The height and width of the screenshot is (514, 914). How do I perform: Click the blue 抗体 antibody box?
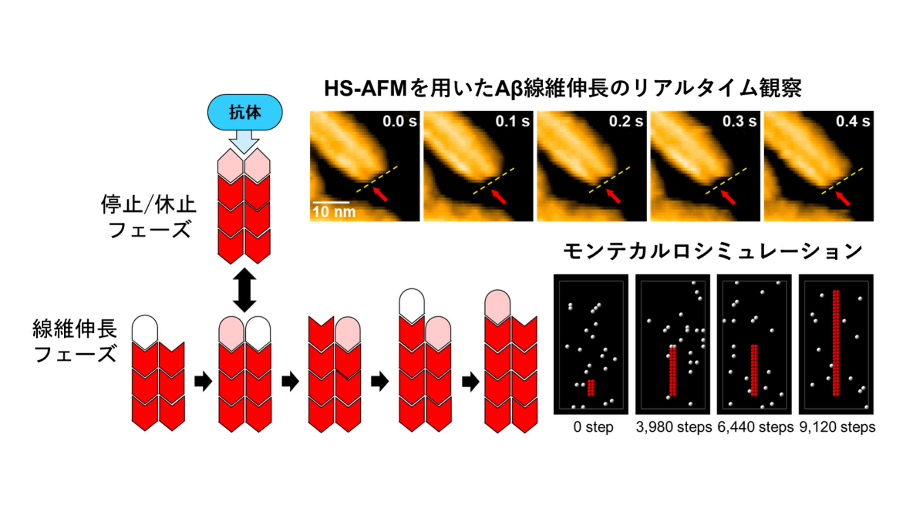point(245,112)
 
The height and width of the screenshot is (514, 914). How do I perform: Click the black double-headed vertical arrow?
point(244,290)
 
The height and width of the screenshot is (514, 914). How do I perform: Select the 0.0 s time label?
point(399,121)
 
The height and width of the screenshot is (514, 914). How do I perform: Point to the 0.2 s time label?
point(626,121)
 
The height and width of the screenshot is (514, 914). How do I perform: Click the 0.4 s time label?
point(853,121)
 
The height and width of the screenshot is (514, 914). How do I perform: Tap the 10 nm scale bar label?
point(334,212)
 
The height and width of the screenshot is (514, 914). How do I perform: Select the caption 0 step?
point(593,427)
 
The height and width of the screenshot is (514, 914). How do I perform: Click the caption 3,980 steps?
point(674,427)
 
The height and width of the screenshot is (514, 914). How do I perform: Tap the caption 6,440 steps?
point(755,427)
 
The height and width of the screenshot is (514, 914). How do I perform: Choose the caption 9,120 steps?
point(837,427)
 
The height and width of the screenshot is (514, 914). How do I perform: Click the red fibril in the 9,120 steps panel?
point(836,343)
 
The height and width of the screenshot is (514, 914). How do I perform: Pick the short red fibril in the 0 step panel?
point(590,388)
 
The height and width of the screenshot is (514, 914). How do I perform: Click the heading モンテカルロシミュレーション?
point(712,251)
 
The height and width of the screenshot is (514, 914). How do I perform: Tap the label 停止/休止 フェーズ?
point(149,216)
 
